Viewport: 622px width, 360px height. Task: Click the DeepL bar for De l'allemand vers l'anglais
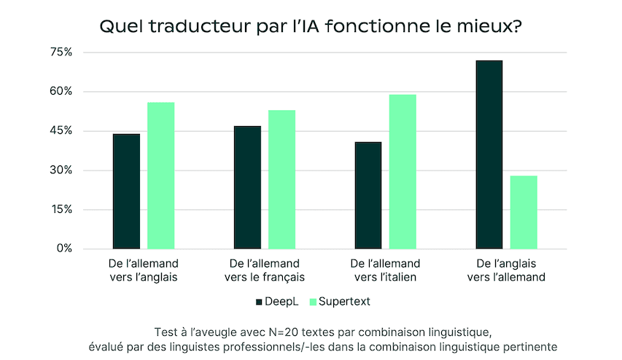126,191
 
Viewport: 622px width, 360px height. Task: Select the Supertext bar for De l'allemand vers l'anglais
161,176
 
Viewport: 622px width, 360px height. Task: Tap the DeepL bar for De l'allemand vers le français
247,187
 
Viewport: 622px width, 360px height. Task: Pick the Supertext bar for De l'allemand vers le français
281,179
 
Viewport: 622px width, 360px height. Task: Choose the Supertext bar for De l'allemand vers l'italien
403,171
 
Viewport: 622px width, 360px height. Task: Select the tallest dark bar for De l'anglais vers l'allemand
489,154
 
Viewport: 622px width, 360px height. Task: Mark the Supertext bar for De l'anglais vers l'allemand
524,212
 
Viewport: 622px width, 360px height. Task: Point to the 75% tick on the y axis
61,52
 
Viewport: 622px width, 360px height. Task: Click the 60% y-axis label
61,92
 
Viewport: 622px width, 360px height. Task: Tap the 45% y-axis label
61,131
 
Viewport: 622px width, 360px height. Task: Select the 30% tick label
61,171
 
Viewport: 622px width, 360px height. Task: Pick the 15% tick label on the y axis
61,210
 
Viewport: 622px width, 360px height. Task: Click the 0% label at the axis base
64,249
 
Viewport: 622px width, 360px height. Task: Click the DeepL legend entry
278,301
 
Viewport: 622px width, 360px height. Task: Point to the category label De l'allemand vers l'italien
385,270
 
